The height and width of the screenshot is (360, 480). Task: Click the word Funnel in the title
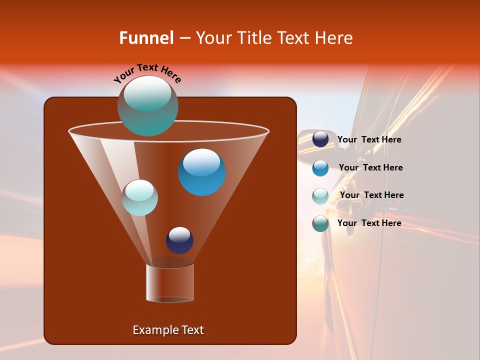point(146,38)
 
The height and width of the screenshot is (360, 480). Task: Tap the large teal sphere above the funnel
point(147,106)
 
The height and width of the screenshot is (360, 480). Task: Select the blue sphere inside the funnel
point(201,172)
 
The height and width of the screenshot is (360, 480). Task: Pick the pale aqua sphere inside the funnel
point(139,197)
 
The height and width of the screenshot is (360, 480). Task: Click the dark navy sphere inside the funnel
point(179,240)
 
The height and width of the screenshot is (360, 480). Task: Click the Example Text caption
point(168,330)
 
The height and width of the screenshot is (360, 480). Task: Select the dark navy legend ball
point(320,139)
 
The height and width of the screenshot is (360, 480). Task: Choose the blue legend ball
point(320,167)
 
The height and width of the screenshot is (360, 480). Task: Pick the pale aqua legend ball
point(320,195)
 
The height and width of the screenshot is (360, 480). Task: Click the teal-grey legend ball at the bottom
point(320,223)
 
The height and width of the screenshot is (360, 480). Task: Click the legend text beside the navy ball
point(369,140)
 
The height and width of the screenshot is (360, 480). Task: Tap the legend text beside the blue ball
point(370,168)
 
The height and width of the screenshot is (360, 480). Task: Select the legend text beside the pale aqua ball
point(371,195)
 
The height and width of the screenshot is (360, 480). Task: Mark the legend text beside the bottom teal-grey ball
point(369,223)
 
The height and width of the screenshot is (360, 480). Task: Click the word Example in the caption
point(151,330)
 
